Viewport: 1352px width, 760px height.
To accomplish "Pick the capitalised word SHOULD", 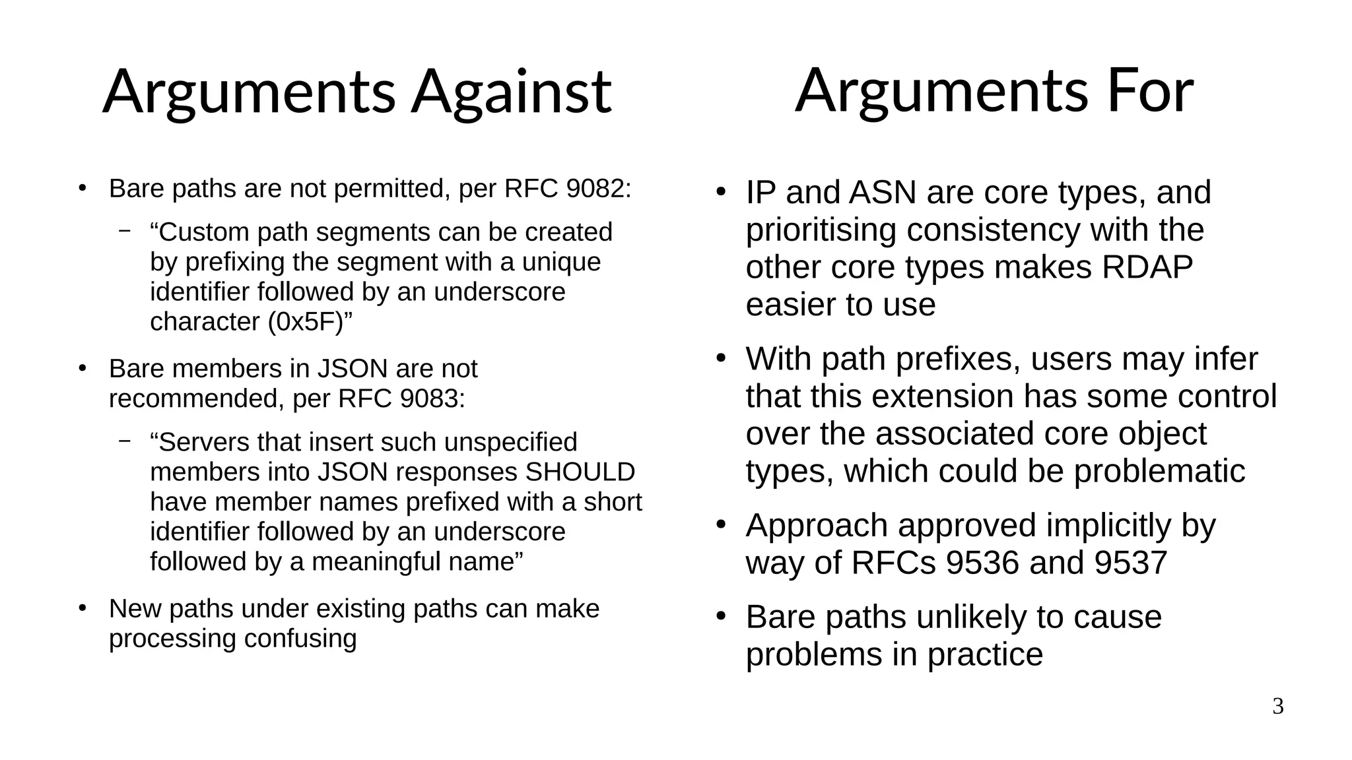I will (x=580, y=472).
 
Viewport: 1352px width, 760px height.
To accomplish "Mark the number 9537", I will (x=1130, y=563).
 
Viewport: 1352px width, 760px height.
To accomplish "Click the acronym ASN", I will (x=882, y=193).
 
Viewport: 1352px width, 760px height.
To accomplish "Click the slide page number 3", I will (x=1278, y=707).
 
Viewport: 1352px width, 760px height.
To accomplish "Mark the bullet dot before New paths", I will (x=82, y=608).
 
